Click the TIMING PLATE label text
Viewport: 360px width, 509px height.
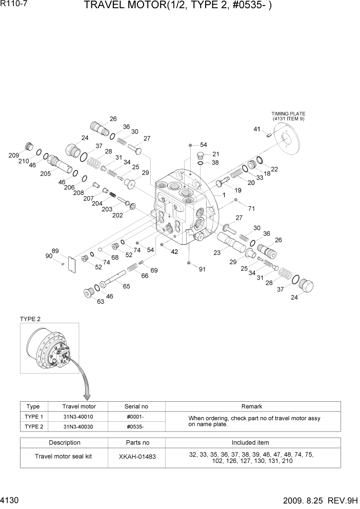(288, 113)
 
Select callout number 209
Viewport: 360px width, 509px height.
(14, 155)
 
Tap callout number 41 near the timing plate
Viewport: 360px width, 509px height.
(257, 129)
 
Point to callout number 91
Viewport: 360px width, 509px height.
(202, 269)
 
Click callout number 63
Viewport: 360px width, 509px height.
(100, 301)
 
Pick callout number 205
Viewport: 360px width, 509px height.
(45, 173)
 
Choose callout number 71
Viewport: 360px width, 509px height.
(251, 208)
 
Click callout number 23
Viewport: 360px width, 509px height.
(217, 252)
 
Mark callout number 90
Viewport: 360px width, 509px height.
(49, 256)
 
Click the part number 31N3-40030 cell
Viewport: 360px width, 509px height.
(79, 426)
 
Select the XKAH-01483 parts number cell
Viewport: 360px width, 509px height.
(138, 456)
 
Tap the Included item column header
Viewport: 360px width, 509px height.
(250, 442)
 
